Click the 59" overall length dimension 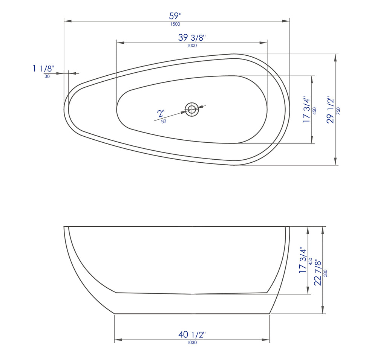point(175,16)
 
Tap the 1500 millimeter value point(175,24)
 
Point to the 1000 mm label point(192,46)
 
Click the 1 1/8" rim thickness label point(43,69)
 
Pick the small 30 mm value point(47,76)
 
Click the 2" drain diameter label point(161,113)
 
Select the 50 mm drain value point(164,121)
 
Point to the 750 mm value point(338,110)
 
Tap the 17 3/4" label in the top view point(306,110)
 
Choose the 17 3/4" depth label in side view point(302,260)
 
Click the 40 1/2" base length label point(192,334)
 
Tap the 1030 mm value point(192,342)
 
